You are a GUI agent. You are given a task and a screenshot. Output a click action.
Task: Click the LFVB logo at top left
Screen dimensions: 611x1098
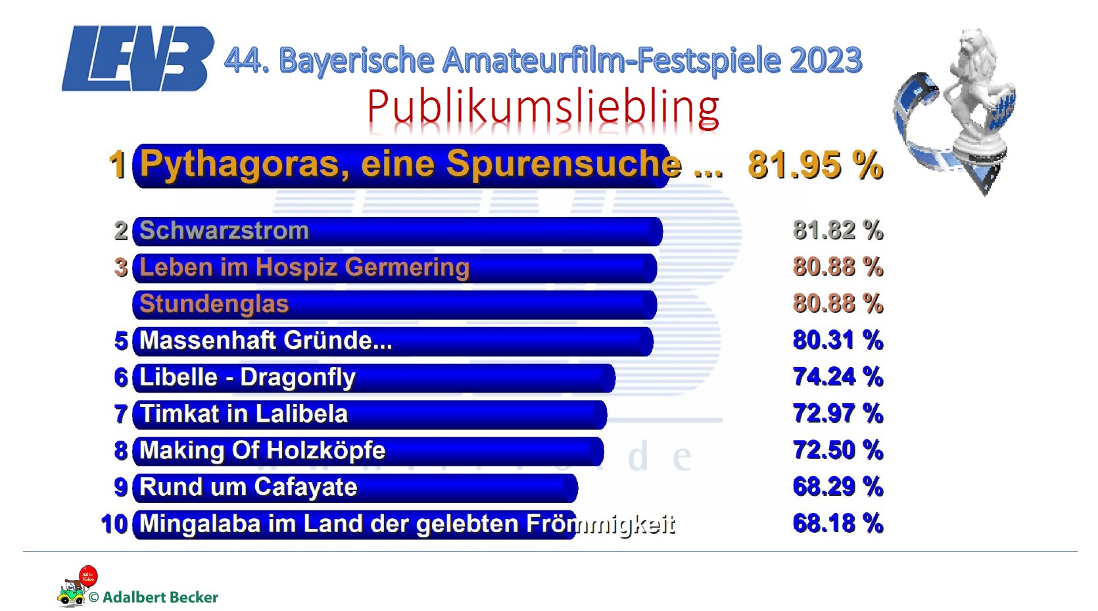coord(137,59)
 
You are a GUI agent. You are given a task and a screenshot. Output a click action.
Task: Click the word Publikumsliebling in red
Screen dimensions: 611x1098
coord(543,107)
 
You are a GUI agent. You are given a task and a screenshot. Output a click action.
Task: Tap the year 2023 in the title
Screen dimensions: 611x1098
coord(825,61)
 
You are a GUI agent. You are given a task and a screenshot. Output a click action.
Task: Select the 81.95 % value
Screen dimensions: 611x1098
coord(815,165)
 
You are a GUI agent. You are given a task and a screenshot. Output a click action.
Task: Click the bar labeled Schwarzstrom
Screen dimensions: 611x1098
coord(397,232)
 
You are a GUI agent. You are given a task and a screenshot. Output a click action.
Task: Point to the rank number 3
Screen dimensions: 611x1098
coord(121,268)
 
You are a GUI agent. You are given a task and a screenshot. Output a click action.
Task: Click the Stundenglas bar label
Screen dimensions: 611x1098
coord(214,305)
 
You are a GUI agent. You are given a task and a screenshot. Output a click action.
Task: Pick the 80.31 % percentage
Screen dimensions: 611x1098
coord(838,341)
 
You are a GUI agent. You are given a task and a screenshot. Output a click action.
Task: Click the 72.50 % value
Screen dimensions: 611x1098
coord(838,451)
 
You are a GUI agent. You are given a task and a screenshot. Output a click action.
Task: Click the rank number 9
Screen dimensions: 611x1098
coord(121,487)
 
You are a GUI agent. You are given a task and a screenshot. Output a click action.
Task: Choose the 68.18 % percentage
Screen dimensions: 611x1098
coord(838,524)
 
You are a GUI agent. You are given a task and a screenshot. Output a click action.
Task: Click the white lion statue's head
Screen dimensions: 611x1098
coord(972,49)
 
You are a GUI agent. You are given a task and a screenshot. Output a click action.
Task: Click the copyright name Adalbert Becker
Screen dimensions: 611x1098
coord(160,597)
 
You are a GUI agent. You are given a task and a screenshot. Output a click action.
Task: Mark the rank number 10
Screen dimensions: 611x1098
coord(114,525)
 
